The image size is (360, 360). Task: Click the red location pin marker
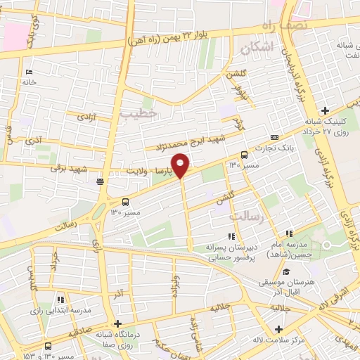(x=181, y=165)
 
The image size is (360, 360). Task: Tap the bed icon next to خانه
(x=29, y=72)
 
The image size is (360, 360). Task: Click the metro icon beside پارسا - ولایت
(x=101, y=180)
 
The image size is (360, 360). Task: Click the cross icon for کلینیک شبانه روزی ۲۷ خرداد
(x=324, y=110)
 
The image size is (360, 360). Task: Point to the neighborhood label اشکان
(x=255, y=48)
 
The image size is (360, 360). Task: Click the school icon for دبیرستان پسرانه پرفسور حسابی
(x=231, y=237)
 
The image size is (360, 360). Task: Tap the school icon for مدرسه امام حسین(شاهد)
(x=288, y=233)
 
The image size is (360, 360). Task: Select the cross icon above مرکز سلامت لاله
(x=279, y=329)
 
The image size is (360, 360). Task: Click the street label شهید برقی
(x=67, y=169)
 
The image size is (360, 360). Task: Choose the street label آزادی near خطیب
(x=85, y=115)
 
